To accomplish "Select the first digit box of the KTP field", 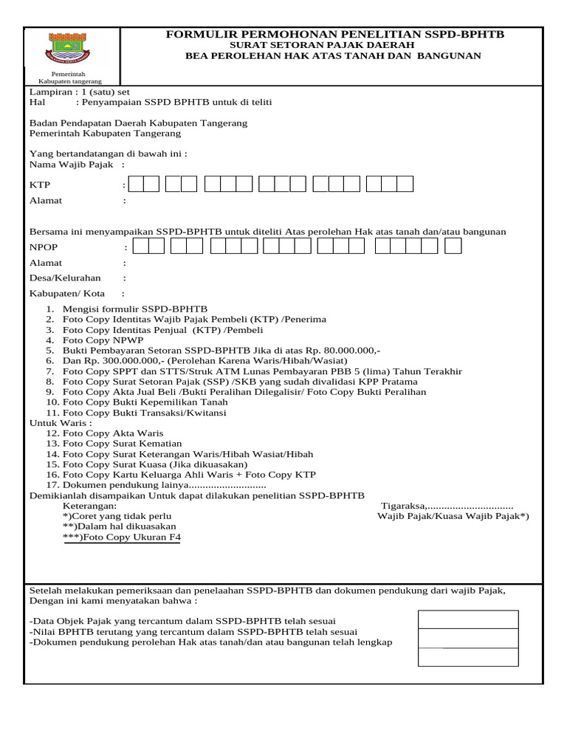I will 134,184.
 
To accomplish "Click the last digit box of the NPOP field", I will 453,246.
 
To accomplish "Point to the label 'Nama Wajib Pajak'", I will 71,165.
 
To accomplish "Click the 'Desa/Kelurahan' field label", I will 65,278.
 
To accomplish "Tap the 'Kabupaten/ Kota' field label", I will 66,294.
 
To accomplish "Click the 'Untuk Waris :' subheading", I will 61,423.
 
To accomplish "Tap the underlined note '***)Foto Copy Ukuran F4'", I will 122,537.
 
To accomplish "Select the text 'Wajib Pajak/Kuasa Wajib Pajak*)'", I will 453,516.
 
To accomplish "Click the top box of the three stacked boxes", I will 468,619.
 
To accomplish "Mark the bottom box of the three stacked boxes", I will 468,657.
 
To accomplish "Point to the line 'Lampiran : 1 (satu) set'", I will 79,92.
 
